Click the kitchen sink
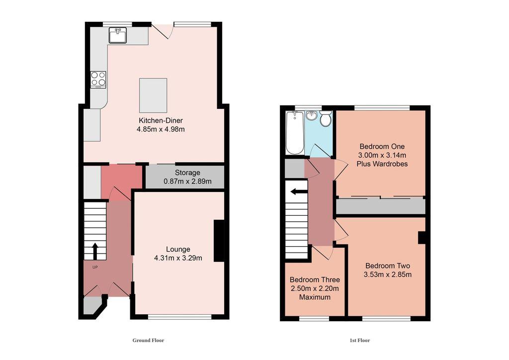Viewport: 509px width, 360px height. (x=118, y=35)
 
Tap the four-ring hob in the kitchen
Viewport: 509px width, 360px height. (x=98, y=80)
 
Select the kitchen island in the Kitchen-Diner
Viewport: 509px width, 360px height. (x=153, y=95)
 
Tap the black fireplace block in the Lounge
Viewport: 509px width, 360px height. (x=218, y=241)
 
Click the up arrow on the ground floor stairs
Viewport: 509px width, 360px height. (x=94, y=251)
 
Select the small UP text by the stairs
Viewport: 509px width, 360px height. (x=94, y=267)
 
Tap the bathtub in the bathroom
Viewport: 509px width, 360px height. (x=294, y=133)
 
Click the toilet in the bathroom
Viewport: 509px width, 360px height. (x=326, y=119)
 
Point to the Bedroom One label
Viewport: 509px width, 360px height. (x=382, y=147)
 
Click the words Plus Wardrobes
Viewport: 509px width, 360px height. (x=382, y=164)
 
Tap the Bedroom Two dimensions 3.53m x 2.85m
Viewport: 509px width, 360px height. (x=388, y=274)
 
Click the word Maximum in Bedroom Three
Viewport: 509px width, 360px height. (x=315, y=297)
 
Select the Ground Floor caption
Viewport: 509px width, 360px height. (x=148, y=341)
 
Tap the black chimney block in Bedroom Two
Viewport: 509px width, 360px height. (x=422, y=238)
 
